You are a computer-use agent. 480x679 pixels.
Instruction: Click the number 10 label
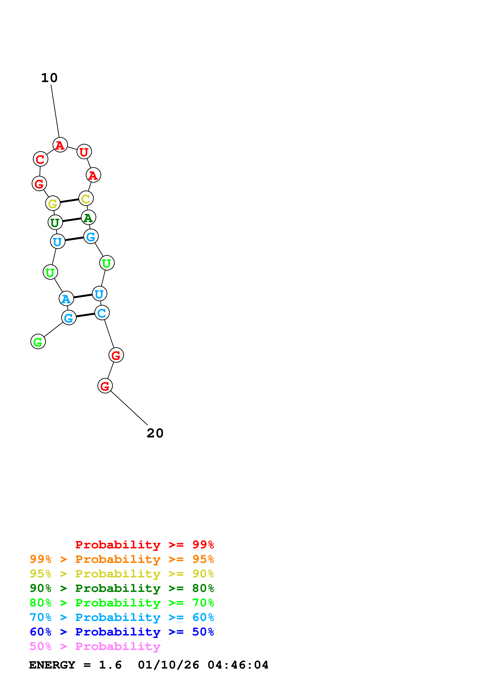pyautogui.click(x=49, y=78)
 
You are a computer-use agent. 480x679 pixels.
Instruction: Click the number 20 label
pyautogui.click(x=155, y=433)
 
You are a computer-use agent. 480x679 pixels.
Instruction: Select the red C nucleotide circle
pyautogui.click(x=40, y=159)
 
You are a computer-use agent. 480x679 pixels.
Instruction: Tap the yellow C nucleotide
pyautogui.click(x=86, y=198)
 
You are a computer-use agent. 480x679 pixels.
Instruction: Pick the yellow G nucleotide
pyautogui.click(x=53, y=203)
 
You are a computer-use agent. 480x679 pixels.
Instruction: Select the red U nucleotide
pyautogui.click(x=84, y=152)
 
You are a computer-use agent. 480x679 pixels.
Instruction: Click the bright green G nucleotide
pyautogui.click(x=38, y=342)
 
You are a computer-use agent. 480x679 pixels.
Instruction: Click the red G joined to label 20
pyautogui.click(x=105, y=386)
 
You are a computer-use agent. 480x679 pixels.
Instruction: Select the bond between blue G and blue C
pyautogui.click(x=85, y=315)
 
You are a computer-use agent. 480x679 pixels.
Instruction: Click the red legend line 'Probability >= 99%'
pyautogui.click(x=144, y=545)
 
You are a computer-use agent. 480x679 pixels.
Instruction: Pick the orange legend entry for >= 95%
pyautogui.click(x=122, y=559)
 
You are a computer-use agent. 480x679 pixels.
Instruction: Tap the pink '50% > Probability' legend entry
pyautogui.click(x=95, y=646)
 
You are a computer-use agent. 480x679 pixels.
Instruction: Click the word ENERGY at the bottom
pyautogui.click(x=52, y=665)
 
